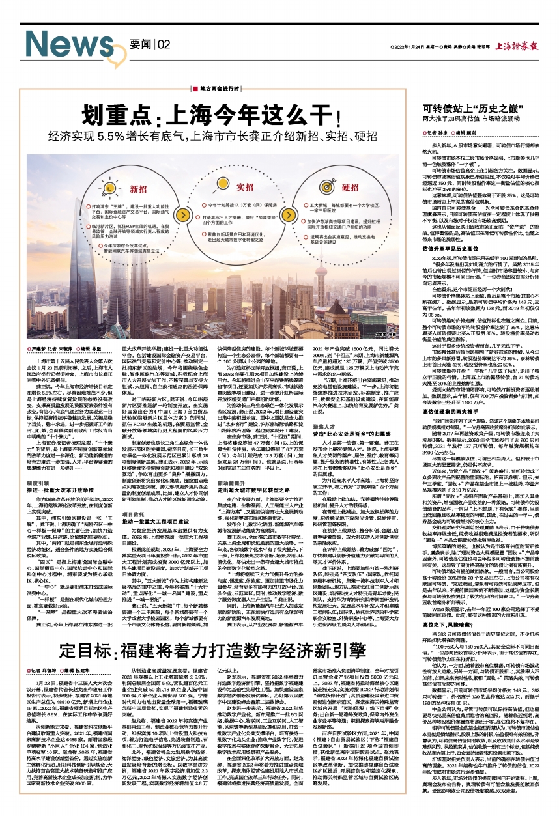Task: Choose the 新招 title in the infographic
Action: pos(139,190)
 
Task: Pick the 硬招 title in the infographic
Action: pos(351,190)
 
